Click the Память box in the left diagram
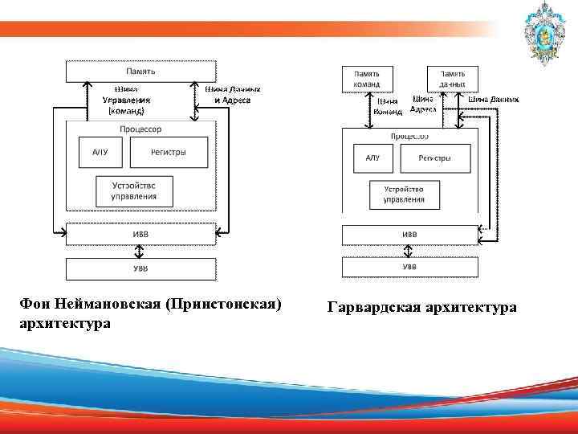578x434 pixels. tap(140, 71)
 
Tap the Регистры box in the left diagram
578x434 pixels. tap(169, 152)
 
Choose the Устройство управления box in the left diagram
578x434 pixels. tap(134, 190)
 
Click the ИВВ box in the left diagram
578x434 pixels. tap(140, 234)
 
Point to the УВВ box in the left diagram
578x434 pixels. tap(140, 268)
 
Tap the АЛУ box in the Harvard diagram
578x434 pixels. tap(372, 158)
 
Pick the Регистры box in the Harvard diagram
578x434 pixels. tap(434, 158)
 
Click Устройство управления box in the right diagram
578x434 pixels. tap(404, 194)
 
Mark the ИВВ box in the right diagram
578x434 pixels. tap(409, 235)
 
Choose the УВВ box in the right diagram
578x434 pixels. tap(409, 266)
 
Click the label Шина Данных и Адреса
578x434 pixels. tap(233, 95)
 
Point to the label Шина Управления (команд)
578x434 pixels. tap(126, 100)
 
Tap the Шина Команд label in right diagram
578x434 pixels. tap(387, 107)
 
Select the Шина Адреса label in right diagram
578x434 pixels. tap(423, 104)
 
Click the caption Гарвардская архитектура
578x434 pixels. tap(421, 308)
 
